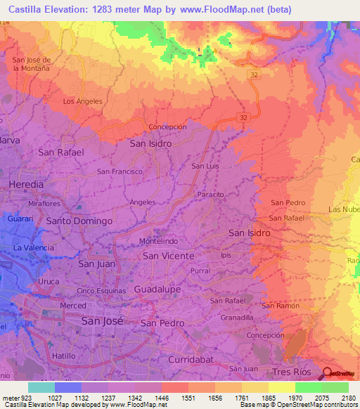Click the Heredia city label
point(26,184)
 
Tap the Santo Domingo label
point(79,221)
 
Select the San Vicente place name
point(168,256)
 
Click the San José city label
point(103,320)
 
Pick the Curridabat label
point(190,359)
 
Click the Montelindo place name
point(160,240)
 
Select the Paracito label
point(210,193)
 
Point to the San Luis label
point(205,167)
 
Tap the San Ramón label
point(281,306)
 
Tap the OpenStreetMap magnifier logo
point(327,373)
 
